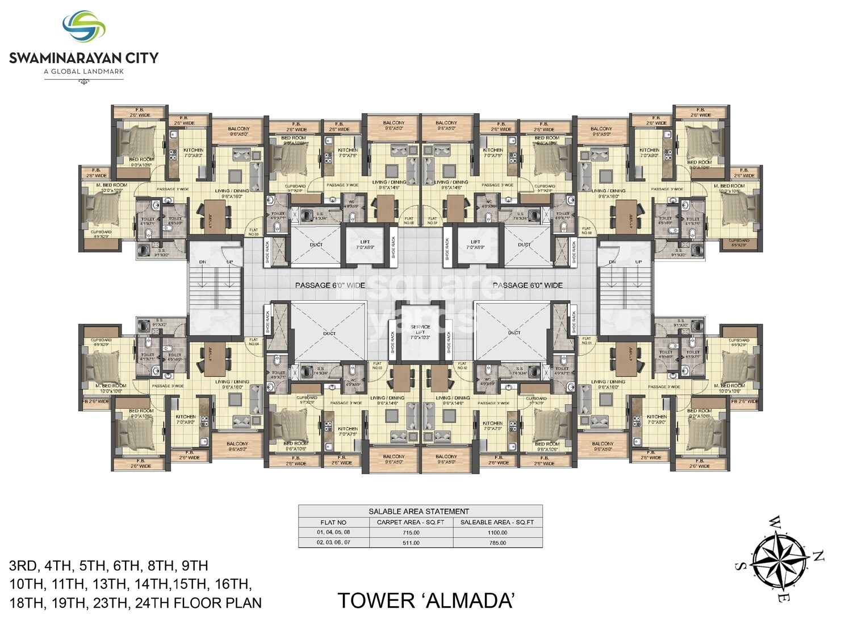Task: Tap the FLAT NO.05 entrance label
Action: (254, 231)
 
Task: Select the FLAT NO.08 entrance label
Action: (587, 231)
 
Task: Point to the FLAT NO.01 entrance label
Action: (587, 341)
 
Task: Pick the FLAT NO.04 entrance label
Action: (254, 341)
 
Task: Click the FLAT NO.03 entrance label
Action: (377, 366)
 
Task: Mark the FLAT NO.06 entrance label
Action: (408, 221)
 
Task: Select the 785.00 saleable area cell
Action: (497, 543)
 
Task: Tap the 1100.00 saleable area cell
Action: (497, 533)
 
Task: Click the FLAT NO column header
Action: (333, 522)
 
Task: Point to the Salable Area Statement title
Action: (420, 511)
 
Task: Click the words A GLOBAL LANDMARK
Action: (83, 71)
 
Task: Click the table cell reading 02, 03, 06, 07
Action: (333, 543)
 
